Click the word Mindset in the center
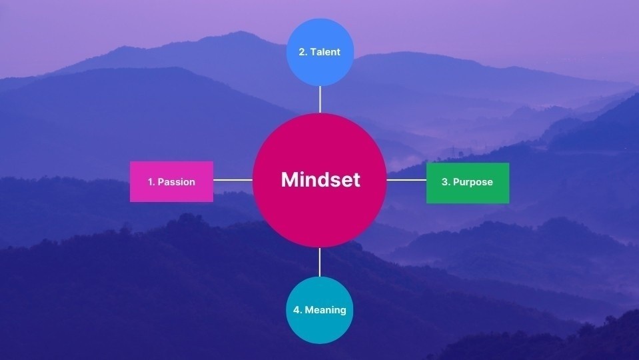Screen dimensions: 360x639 (x=320, y=180)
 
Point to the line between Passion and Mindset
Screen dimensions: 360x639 (x=233, y=181)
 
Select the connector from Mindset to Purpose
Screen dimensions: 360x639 (x=406, y=181)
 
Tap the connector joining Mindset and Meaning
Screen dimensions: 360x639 (x=320, y=262)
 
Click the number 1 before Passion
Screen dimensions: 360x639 (x=151, y=182)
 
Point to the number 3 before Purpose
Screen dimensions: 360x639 (x=445, y=182)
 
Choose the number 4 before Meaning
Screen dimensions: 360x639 (x=297, y=310)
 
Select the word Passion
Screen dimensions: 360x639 (x=176, y=182)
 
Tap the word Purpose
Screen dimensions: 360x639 (x=472, y=182)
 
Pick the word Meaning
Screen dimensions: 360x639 (x=325, y=310)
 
